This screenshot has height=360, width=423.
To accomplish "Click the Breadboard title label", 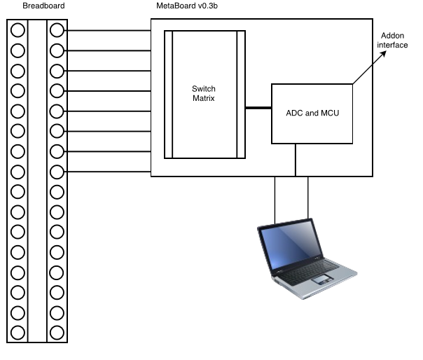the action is tap(43, 6).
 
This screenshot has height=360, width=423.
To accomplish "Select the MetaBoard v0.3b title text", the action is tap(187, 6).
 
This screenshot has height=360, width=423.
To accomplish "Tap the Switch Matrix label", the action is tap(203, 93).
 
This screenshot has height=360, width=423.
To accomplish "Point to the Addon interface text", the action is tap(392, 40).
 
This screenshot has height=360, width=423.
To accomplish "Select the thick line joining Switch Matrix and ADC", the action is tap(258, 108).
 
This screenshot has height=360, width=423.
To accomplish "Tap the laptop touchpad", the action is tap(322, 279).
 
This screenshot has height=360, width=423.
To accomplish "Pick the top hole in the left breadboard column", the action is tap(18, 29).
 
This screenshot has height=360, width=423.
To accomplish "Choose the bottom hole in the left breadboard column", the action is tap(18, 333).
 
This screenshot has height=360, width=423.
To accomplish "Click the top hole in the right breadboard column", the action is tap(57, 29).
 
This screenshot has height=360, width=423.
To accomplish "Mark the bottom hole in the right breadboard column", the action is tap(57, 333).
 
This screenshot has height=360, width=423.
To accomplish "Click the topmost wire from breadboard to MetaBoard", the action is tap(107, 31).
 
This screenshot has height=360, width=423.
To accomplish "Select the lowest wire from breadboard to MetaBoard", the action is tap(107, 172).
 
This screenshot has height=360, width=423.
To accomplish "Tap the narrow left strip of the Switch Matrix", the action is tap(168, 95).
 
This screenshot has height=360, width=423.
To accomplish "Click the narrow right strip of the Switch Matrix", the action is tap(241, 95).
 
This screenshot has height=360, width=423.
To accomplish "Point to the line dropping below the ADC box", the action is tap(296, 160).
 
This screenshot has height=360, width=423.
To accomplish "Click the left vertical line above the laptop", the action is tap(275, 200).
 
